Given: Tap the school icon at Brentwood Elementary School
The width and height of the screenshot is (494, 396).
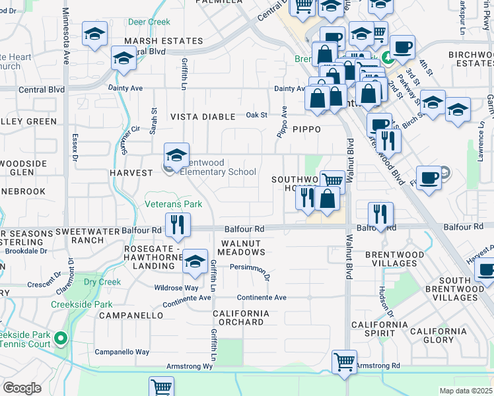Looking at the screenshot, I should coord(176,156).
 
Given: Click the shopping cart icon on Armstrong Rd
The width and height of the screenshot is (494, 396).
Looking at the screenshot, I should coord(344,362).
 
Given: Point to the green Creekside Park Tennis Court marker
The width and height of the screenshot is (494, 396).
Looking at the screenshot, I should coord(61,339).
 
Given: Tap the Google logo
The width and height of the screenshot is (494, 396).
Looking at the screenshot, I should coord(22,388).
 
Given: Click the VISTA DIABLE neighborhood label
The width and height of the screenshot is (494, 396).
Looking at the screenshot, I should coord(203,117).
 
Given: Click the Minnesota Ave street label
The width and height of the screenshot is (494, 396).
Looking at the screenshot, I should coord(65,36).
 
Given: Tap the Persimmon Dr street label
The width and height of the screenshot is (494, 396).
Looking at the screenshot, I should coord(250,268).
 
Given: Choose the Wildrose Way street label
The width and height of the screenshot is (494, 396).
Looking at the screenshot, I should coord(176,288).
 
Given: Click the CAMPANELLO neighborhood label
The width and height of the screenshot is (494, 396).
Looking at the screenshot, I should coord(131,315).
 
